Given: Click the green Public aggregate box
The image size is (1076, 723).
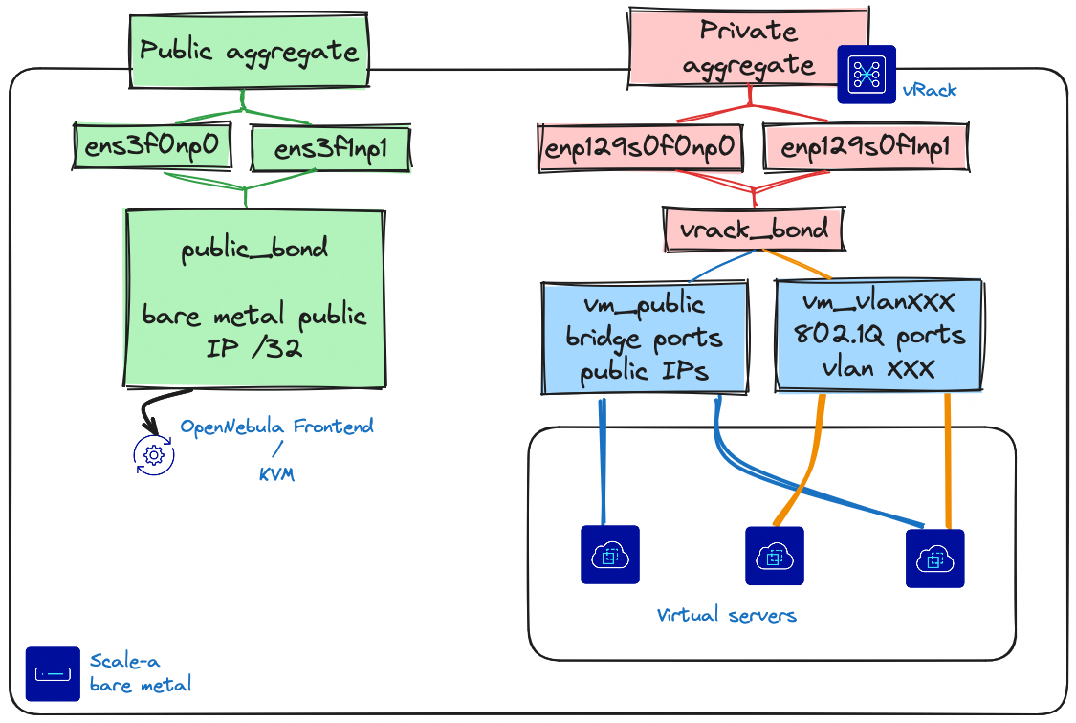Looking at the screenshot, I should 250,51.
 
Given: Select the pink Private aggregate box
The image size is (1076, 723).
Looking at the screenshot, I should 748,48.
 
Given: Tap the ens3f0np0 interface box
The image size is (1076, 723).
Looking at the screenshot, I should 153,146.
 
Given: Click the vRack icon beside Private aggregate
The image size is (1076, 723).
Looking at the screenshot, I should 867,75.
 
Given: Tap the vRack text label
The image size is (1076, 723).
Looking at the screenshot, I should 929,91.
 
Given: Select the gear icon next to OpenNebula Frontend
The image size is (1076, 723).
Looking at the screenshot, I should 153,454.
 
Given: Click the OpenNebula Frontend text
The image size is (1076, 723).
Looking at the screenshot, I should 277,427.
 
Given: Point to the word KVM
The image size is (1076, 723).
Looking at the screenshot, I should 276,474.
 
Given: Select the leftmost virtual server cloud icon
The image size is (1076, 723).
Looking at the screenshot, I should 609,555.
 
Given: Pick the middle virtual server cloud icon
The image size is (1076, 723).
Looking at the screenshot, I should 774,556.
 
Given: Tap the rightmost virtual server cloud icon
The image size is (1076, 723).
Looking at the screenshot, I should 934,558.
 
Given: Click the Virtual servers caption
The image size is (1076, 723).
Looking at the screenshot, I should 727,614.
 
